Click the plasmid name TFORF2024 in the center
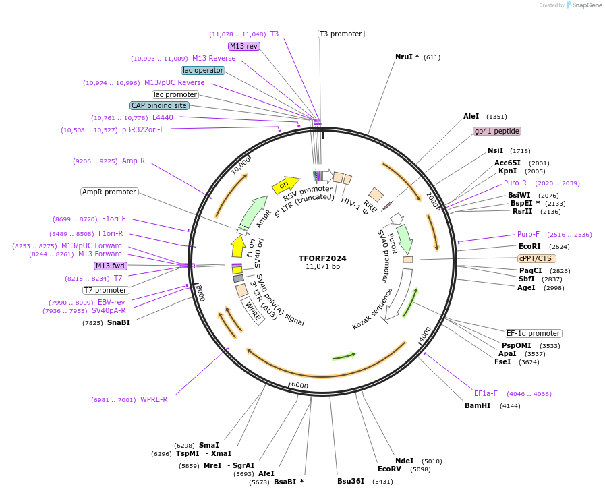[x=322, y=258]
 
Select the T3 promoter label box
[x=341, y=34]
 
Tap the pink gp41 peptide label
[x=497, y=131]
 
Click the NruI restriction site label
[x=407, y=57]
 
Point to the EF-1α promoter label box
[x=534, y=333]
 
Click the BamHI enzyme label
[x=478, y=405]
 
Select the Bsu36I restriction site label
[x=351, y=481]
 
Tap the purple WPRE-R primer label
[x=154, y=399]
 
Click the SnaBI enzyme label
[x=116, y=322]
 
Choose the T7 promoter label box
[x=106, y=290]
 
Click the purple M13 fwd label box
[x=111, y=266]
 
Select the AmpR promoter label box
[x=109, y=192]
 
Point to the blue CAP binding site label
[x=159, y=105]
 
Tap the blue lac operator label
[x=203, y=70]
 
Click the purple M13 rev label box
[x=243, y=46]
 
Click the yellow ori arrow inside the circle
[x=285, y=184]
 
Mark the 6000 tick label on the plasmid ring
[x=299, y=385]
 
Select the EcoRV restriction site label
[x=389, y=469]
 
